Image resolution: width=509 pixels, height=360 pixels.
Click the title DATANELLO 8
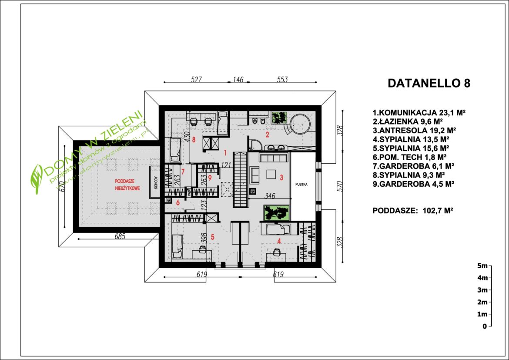[429, 84]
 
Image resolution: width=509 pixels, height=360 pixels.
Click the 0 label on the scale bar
[484, 326]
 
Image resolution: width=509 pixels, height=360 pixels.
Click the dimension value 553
[281, 79]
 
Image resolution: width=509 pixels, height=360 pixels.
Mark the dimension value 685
[120, 237]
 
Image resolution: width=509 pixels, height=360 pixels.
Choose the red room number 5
[213, 237]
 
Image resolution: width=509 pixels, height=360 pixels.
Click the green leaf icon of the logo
[37, 174]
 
